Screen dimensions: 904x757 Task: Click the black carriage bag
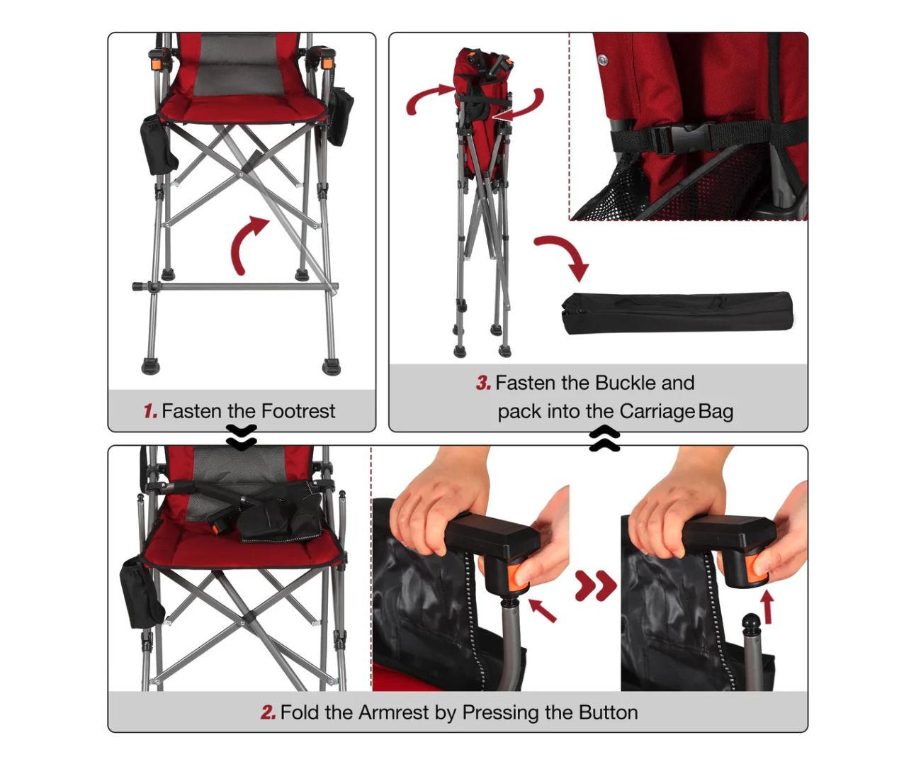click(677, 313)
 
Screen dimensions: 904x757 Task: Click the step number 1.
click(150, 411)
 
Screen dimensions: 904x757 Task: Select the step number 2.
click(269, 712)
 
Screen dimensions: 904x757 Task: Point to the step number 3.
click(483, 383)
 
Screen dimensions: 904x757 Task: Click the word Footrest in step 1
click(298, 411)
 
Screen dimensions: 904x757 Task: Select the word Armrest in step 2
click(394, 712)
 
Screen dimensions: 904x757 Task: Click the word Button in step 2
click(609, 712)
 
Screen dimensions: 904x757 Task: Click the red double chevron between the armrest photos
click(596, 585)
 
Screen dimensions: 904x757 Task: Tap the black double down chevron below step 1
click(242, 437)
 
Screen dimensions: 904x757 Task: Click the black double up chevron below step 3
click(604, 438)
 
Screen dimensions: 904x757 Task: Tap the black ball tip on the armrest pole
click(751, 620)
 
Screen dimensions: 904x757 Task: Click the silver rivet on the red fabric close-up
click(602, 60)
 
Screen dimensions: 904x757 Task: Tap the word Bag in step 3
click(716, 412)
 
